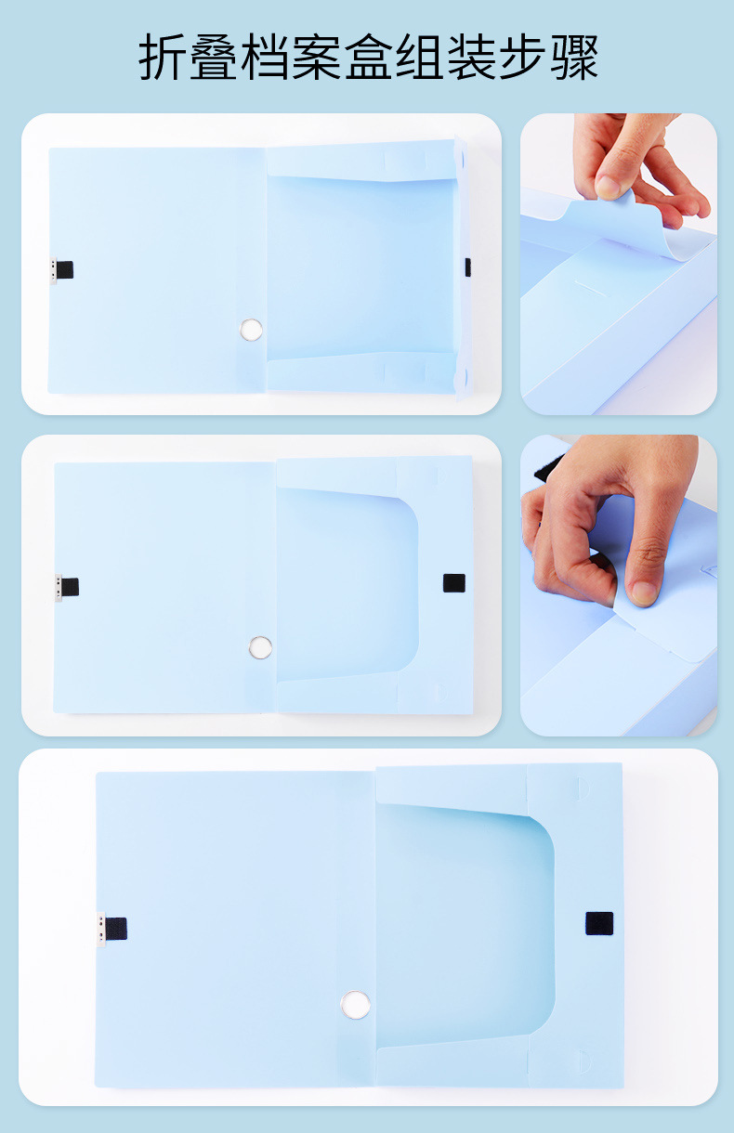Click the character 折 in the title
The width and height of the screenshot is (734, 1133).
pyautogui.click(x=162, y=58)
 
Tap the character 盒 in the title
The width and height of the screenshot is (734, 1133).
pyautogui.click(x=368, y=58)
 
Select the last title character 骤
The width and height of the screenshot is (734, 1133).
pyautogui.click(x=574, y=58)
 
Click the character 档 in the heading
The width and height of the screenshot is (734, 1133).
pyautogui.click(x=265, y=58)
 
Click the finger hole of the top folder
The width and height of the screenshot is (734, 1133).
pyautogui.click(x=251, y=330)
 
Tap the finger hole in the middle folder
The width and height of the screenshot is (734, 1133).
pyautogui.click(x=261, y=648)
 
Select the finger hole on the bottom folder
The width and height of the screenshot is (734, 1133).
pyautogui.click(x=355, y=1005)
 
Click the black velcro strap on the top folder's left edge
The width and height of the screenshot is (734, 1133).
pyautogui.click(x=64, y=269)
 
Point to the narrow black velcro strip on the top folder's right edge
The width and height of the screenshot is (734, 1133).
pyautogui.click(x=467, y=267)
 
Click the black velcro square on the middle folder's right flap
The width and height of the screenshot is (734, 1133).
pyautogui.click(x=454, y=583)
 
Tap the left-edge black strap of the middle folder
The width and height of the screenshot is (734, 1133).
pyautogui.click(x=70, y=587)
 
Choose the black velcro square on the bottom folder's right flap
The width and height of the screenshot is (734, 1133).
pyautogui.click(x=599, y=924)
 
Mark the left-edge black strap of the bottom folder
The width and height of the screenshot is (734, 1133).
pyautogui.click(x=116, y=929)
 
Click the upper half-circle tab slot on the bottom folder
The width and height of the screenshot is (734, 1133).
pyautogui.click(x=583, y=788)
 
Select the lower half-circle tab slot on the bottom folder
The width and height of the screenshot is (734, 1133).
pyautogui.click(x=584, y=1061)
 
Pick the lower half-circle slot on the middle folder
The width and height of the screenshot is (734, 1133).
pyautogui.click(x=442, y=693)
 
